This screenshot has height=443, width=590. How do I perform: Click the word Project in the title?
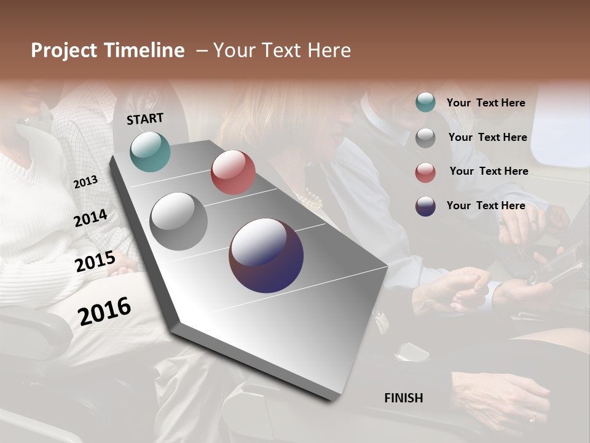point(63,50)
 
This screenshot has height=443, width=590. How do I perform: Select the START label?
point(145,119)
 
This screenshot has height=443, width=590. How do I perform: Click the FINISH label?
point(404,398)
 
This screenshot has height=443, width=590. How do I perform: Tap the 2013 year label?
point(85,182)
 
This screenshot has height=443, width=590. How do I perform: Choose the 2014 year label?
point(91,218)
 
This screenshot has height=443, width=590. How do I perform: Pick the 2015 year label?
point(95,261)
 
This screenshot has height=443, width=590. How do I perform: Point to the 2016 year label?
point(104,311)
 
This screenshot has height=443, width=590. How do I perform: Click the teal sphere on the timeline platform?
point(150,151)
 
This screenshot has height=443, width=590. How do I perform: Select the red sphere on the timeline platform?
point(233,172)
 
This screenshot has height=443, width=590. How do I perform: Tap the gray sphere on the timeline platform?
point(178,221)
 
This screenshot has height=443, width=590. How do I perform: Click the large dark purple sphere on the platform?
point(266,256)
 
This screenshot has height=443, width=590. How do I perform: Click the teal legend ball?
point(425,103)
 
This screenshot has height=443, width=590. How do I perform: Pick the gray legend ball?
point(425,138)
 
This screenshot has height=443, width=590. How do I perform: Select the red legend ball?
point(425,172)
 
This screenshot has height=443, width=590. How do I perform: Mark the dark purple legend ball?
point(425,206)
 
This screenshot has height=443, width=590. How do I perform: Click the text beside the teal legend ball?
point(486,103)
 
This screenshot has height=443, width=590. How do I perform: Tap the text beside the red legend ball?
point(489,171)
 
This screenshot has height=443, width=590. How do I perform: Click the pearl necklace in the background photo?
point(309,199)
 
